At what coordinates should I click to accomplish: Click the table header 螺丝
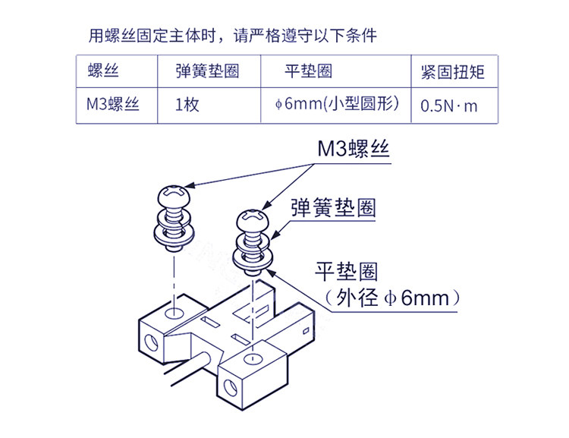tap(103, 71)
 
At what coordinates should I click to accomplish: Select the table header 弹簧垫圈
tap(207, 71)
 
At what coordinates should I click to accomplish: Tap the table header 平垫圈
tap(309, 71)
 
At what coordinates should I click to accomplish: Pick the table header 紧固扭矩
tap(452, 72)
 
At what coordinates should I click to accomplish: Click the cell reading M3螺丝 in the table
tap(113, 105)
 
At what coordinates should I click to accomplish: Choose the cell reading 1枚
tap(187, 105)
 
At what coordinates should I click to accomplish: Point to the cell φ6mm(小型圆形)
tap(337, 104)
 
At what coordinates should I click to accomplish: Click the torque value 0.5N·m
tap(449, 106)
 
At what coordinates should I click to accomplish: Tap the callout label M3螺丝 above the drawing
tap(353, 149)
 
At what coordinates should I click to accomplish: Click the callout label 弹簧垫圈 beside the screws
tap(333, 208)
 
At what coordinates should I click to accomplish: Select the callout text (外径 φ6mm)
tap(393, 298)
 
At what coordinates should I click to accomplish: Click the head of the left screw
tap(174, 196)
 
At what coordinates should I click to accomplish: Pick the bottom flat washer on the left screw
tap(174, 235)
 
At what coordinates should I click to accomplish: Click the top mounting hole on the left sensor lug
tap(174, 313)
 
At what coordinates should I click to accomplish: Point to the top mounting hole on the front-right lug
tap(253, 359)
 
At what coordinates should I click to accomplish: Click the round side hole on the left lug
tap(151, 342)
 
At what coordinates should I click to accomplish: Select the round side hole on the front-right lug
tap(231, 388)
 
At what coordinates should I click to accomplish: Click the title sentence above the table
tap(233, 36)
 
